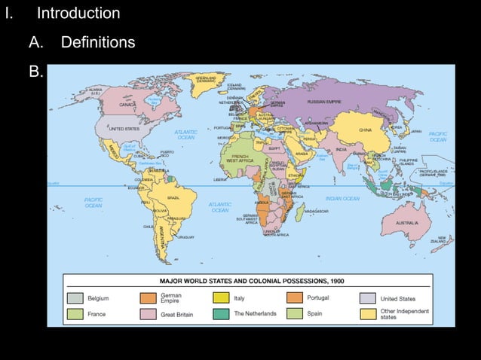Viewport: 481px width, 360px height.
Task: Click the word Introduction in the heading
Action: [78, 14]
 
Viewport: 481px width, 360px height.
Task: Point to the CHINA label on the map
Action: [365, 130]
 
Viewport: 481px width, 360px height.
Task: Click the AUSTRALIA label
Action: [407, 223]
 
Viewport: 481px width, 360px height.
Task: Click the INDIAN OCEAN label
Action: [342, 198]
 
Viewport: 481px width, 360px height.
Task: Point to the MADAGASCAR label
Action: [317, 212]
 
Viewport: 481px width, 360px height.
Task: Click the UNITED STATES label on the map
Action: [125, 129]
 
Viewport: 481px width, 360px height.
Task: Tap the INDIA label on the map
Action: [341, 149]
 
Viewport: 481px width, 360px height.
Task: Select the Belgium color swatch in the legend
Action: [75, 298]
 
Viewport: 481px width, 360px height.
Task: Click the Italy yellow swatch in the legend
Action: [222, 298]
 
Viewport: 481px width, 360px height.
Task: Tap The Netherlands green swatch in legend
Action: [222, 313]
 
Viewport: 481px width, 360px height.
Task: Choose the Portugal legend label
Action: [318, 298]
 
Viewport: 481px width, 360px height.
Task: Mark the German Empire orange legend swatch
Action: [148, 298]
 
